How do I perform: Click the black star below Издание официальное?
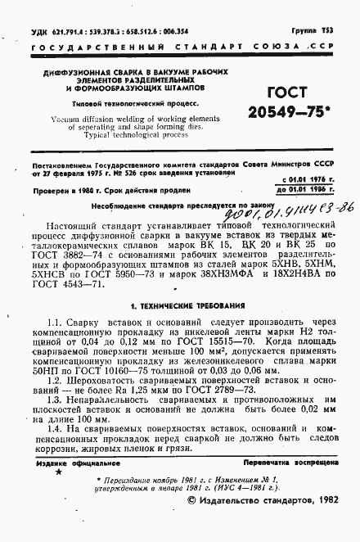(57, 472)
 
